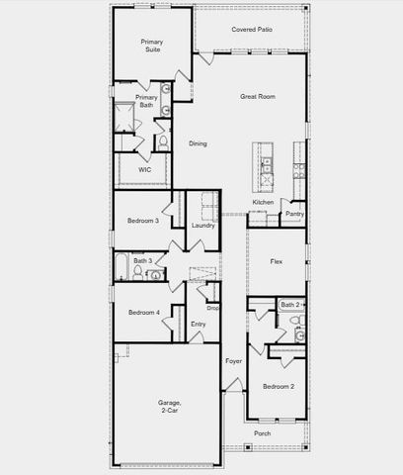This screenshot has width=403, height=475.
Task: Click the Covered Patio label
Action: pos(252,30)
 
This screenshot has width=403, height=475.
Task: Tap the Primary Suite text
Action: pos(151,47)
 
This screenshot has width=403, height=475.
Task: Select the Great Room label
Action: pos(257,97)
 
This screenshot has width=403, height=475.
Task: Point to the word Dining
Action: pos(199,144)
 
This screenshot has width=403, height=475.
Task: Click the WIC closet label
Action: pos(144,170)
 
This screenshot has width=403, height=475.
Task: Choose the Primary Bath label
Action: pos(146,102)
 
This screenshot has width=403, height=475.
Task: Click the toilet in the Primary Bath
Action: pos(163,142)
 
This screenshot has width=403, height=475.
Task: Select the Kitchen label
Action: pos(263,202)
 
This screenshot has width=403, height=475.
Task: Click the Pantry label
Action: pos(294,214)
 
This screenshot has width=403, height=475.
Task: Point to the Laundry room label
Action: pos(203,225)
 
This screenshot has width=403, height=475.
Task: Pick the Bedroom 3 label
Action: pos(143,221)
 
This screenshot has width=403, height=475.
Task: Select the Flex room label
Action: pos(278,261)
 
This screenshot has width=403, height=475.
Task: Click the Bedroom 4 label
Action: pos(143,313)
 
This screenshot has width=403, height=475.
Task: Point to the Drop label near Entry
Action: pos(212,308)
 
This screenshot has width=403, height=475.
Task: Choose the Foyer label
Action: pos(233,361)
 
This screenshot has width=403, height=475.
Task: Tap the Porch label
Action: pos(263,433)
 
